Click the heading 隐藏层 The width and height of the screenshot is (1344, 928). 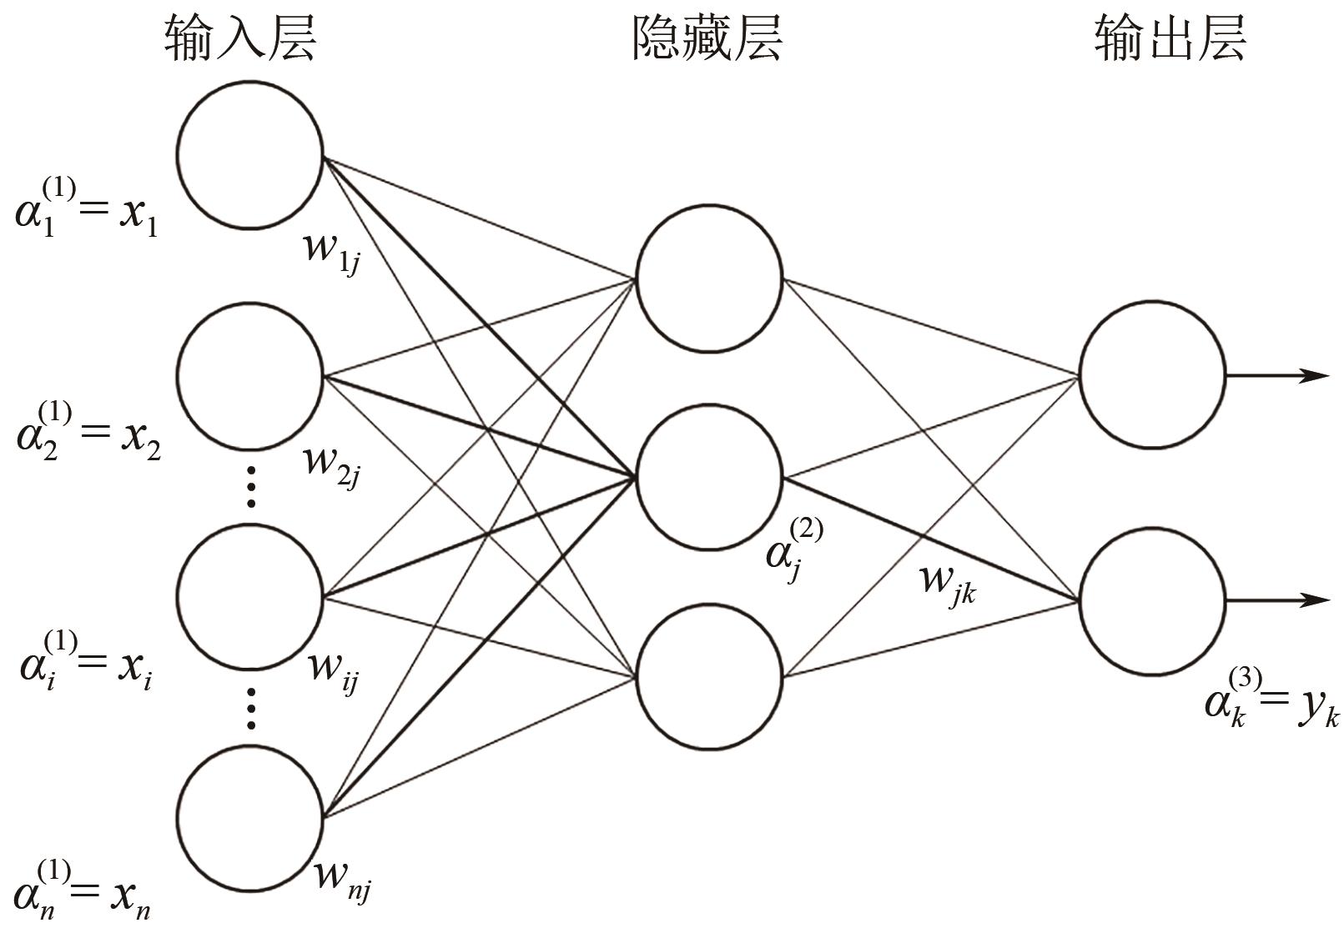pos(707,38)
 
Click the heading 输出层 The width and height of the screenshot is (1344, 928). pos(1170,38)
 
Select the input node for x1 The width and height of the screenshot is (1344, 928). pos(250,155)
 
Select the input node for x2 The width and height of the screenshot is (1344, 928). pos(250,376)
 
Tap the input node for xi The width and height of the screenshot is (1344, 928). pos(250,597)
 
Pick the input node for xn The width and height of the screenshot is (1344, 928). pos(250,818)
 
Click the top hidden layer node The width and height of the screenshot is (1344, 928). pos(709,278)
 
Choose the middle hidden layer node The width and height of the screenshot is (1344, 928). pos(709,477)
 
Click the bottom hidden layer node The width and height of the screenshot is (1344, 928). pos(709,675)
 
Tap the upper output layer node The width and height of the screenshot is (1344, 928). pos(1152,375)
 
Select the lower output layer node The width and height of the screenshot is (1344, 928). pos(1152,600)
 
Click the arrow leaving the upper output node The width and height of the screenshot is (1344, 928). pos(1276,375)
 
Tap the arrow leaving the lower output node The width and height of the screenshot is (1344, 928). pos(1276,600)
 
